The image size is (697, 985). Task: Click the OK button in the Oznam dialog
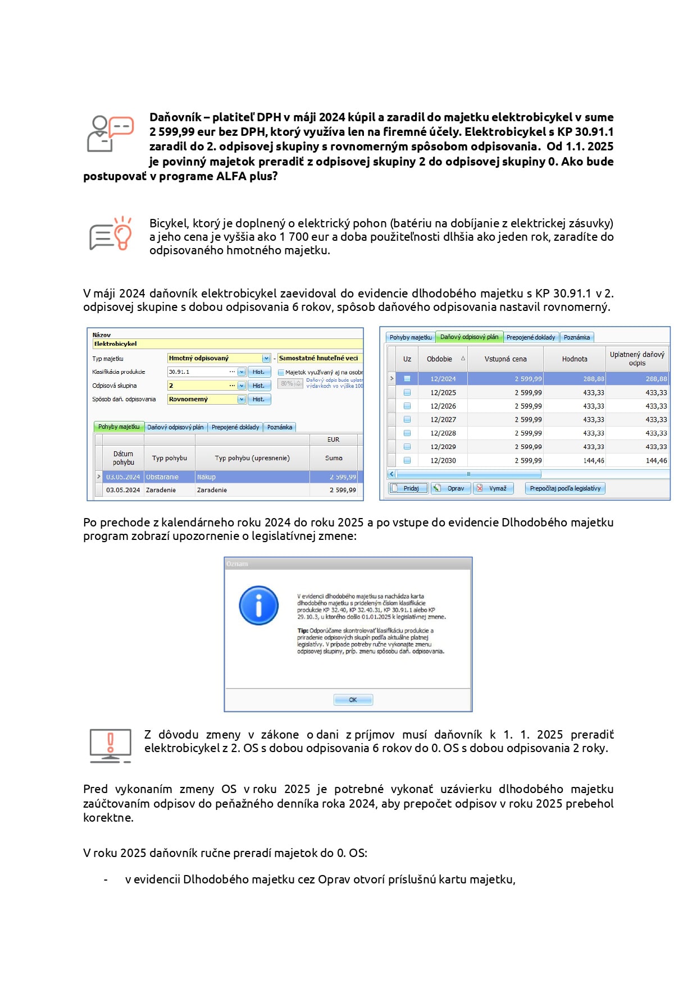pos(353,700)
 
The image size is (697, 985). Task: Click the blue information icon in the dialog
pos(258,606)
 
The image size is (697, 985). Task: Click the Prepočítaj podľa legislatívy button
pos(564,488)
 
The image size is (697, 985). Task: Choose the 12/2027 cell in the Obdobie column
pos(443,420)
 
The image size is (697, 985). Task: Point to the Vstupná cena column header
pos(505,359)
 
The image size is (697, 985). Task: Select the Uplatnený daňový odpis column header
pos(637,359)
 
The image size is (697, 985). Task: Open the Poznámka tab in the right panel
pos(576,337)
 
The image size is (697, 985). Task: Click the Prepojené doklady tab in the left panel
pos(235,427)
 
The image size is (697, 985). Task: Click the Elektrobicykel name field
pos(227,343)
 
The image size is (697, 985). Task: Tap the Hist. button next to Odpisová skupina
pos(258,386)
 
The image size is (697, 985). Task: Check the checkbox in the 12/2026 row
pos(407,406)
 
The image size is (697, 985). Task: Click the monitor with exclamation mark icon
pos(111,746)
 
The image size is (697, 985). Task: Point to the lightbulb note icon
pos(111,235)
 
